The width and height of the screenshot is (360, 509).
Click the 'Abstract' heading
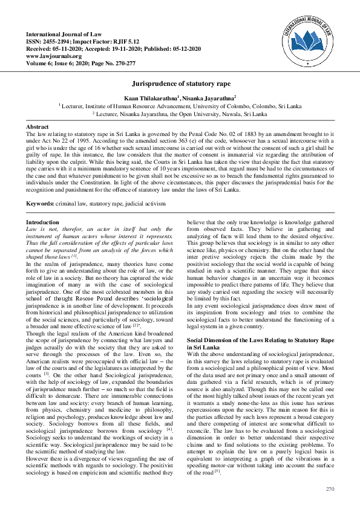tap(36, 126)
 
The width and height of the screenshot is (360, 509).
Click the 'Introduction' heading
tap(42, 222)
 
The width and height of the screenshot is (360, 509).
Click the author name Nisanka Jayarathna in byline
tap(209, 97)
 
